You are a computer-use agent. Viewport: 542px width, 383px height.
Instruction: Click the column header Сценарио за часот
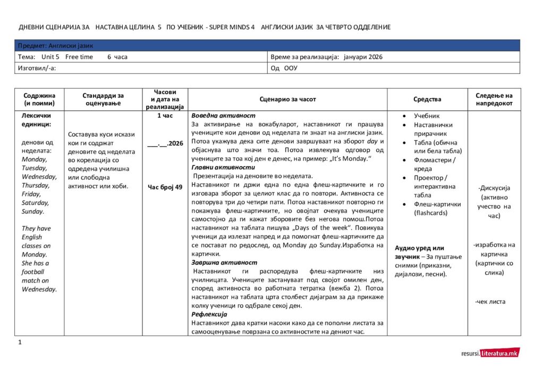pos(287,99)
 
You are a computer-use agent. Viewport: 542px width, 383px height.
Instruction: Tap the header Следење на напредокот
pos(494,99)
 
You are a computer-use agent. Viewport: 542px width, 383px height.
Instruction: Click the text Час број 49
pos(165,187)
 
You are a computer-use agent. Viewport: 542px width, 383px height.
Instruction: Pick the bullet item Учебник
pos(427,116)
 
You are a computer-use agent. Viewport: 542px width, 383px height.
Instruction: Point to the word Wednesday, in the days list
pos(39,176)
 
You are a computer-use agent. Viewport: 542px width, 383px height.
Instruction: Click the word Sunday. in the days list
pos(33,211)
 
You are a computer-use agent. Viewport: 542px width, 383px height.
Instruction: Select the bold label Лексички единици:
pos(36,120)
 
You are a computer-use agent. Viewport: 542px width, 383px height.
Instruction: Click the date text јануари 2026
pos(363,57)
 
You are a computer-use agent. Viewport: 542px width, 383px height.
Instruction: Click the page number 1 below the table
pos(20,342)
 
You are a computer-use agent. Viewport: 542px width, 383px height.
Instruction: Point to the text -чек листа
pos(490,302)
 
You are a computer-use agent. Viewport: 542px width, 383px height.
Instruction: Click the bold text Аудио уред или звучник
pos(420,252)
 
